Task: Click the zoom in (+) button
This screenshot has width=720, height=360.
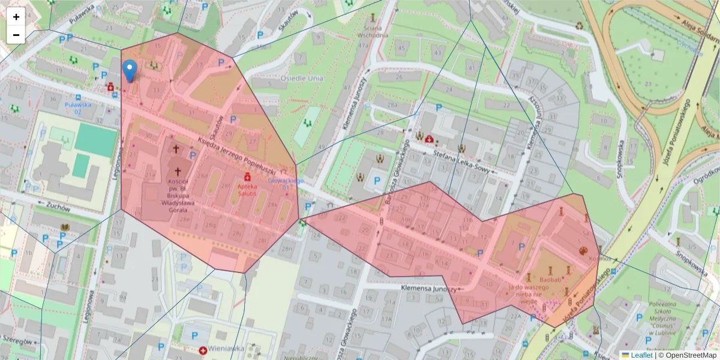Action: [x=16, y=16]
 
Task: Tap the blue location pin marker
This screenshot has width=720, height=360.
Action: [x=129, y=71]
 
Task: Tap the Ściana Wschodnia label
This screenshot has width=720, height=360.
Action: [x=373, y=31]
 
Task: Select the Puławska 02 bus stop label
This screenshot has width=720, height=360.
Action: [x=78, y=107]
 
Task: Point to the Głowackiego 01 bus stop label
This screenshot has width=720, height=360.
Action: [x=286, y=183]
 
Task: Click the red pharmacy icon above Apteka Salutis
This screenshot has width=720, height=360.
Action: [x=247, y=177]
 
